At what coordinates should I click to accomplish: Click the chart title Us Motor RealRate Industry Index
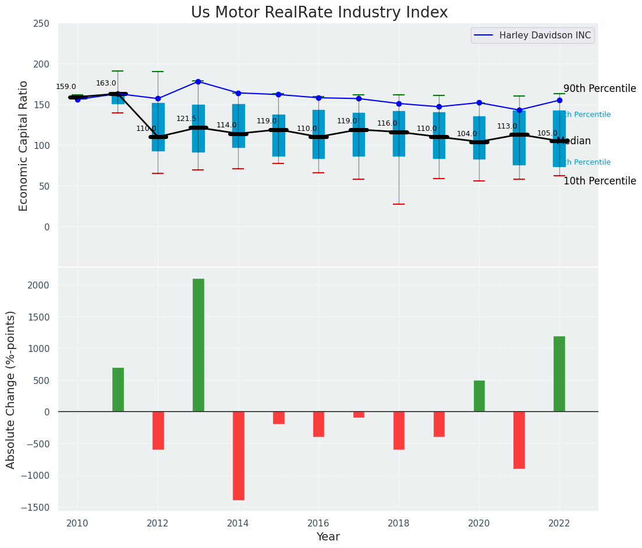click(319, 13)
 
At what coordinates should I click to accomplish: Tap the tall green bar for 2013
click(198, 345)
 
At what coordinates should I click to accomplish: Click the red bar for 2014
click(239, 456)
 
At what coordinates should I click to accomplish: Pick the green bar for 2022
click(559, 374)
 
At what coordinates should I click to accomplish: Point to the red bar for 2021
click(519, 440)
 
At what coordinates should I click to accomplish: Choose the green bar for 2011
click(118, 390)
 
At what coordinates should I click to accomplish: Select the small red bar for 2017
click(359, 414)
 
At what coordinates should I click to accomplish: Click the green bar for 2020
click(479, 396)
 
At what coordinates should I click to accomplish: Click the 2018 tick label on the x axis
click(399, 524)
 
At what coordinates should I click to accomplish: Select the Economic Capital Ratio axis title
click(24, 145)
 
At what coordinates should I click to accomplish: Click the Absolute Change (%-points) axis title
click(11, 389)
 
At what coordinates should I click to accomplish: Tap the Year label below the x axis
click(328, 537)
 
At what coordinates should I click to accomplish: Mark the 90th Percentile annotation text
click(600, 89)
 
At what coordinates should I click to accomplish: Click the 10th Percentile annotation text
click(600, 182)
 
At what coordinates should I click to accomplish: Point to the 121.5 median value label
click(186, 119)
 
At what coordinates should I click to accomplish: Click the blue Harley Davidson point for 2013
click(198, 81)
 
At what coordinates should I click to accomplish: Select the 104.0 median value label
click(467, 134)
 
